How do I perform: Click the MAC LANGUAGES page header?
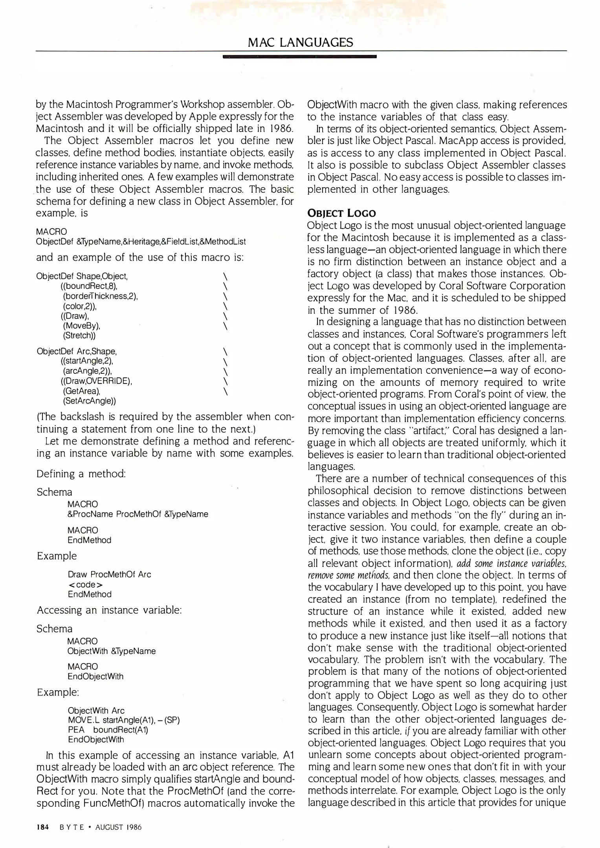300,42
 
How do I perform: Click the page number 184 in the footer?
42,827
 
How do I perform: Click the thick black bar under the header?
299,57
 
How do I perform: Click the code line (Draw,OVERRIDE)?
96,381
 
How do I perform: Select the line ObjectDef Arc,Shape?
77,351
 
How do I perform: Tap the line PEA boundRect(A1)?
108,730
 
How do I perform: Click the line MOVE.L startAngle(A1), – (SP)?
123,720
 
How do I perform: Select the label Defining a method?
81,474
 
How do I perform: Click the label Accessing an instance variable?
109,610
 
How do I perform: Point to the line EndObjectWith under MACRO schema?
95,676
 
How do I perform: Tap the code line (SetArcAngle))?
89,401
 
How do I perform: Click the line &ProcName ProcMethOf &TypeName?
138,514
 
